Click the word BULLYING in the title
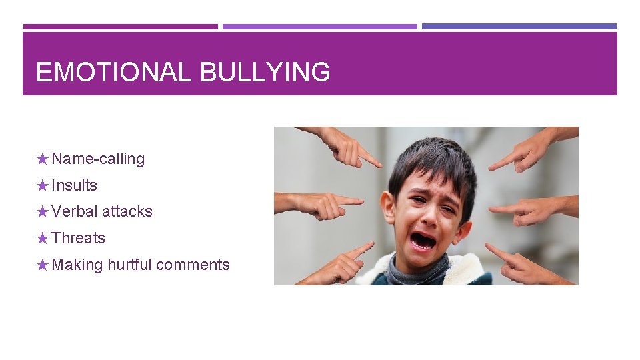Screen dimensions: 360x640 tap(265, 72)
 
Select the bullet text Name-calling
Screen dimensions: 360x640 tap(98, 159)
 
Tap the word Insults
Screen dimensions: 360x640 tap(74, 185)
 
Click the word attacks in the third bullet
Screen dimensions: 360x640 tap(127, 211)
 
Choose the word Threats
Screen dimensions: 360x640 tap(78, 238)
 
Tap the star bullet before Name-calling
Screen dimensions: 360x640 tap(43, 159)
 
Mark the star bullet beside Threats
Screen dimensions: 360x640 tap(43, 238)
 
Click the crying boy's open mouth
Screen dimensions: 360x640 tap(422, 239)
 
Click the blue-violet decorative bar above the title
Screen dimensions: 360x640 tap(519, 27)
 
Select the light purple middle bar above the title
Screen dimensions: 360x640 tap(319, 27)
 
